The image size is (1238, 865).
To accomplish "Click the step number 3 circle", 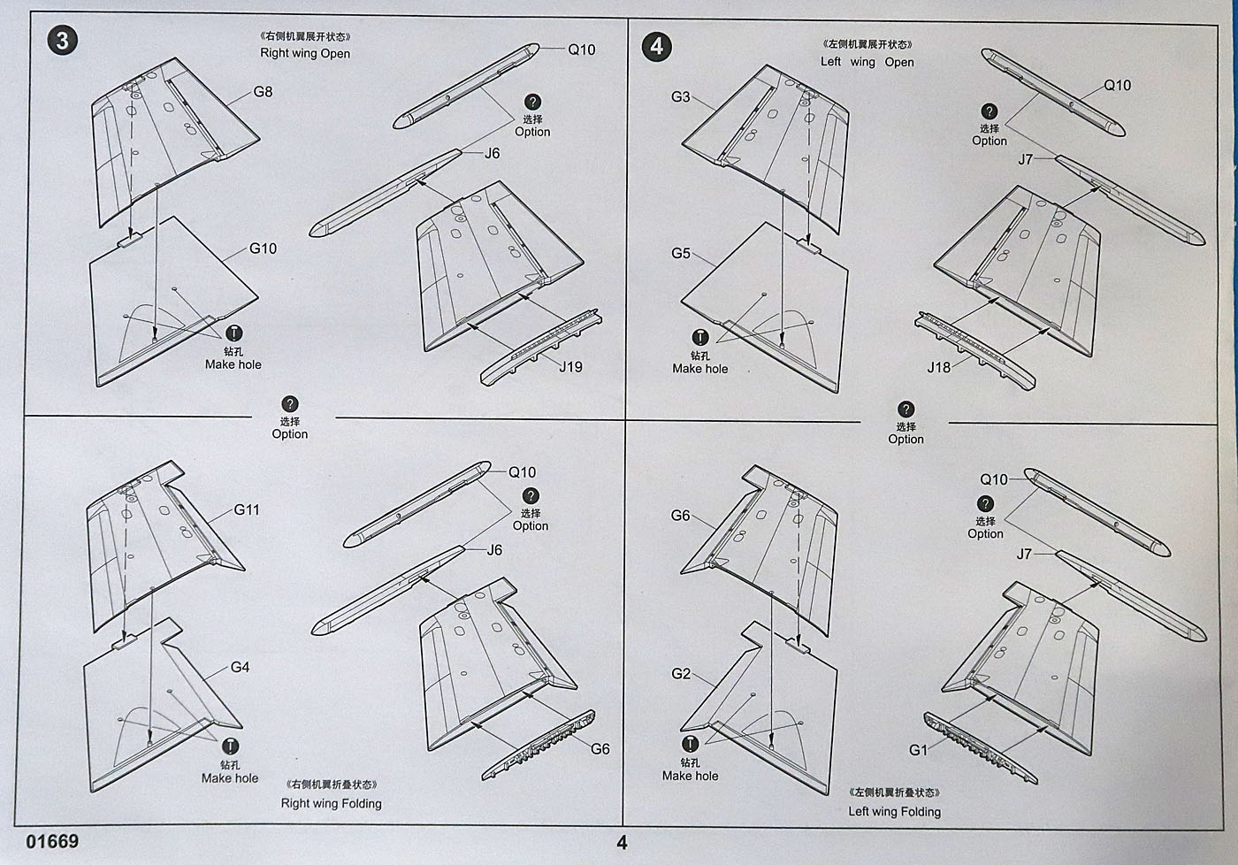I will (x=62, y=40).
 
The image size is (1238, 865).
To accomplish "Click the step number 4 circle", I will (x=656, y=45).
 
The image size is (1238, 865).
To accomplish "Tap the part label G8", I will (x=263, y=91).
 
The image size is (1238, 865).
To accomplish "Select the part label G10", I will (x=263, y=249).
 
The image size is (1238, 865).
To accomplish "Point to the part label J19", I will (x=569, y=366).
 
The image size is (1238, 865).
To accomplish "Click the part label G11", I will (x=247, y=509).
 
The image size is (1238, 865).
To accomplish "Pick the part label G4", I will (x=240, y=667).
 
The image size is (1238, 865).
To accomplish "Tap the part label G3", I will (x=680, y=96).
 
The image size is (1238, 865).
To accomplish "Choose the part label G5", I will (x=680, y=253).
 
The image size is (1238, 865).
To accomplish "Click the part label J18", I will (x=938, y=366).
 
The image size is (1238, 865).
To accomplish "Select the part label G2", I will (x=680, y=673).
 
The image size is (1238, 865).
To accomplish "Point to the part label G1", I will (x=919, y=749).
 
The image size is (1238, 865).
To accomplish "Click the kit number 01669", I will (x=52, y=840).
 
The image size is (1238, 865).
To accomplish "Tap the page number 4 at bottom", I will (x=622, y=843).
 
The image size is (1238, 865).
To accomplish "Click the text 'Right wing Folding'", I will (x=331, y=803).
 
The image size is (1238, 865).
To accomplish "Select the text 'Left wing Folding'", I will (x=894, y=811).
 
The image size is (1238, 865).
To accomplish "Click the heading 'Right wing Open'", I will (x=305, y=53).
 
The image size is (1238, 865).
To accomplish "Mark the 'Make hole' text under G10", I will (x=233, y=364).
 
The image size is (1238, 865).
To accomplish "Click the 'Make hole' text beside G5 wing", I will (x=699, y=369).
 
